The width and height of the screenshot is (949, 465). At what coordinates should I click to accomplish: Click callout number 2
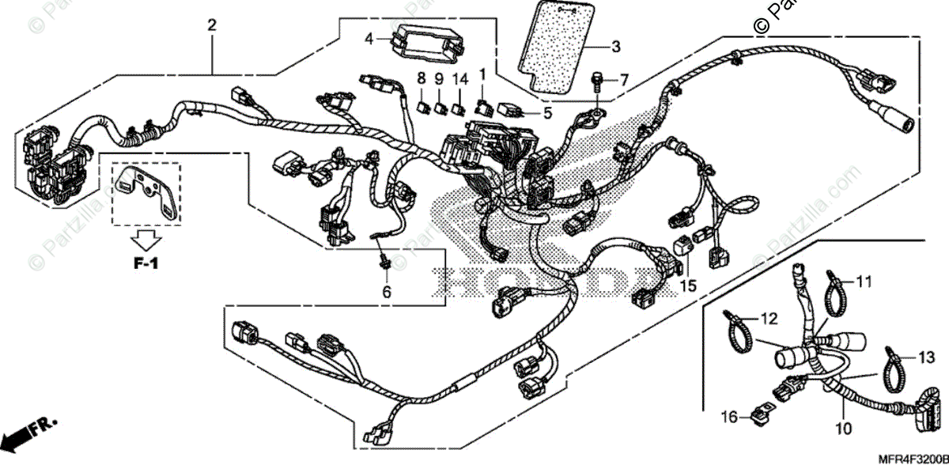click(x=211, y=25)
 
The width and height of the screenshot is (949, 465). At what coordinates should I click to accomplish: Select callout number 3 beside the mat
click(x=616, y=47)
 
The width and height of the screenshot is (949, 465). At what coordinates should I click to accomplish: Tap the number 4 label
click(x=369, y=37)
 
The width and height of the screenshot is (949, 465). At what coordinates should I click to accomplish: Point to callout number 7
click(x=623, y=79)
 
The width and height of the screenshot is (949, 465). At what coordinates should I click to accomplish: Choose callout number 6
click(x=387, y=293)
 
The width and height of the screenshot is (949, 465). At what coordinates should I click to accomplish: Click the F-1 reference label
click(x=144, y=264)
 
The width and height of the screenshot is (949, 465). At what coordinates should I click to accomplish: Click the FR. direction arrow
click(x=32, y=433)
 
